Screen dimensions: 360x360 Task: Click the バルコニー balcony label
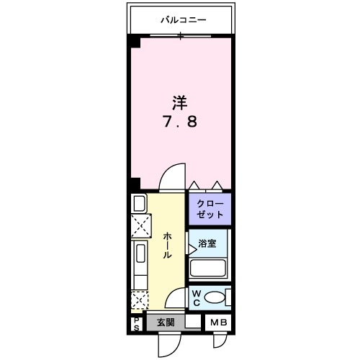coord(183,20)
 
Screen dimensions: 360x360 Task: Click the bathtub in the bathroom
coord(209,269)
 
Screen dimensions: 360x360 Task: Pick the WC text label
coord(196,298)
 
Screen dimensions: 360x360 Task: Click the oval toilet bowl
coord(214,298)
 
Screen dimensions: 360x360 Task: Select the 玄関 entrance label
coord(166,323)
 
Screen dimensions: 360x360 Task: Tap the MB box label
coord(218,323)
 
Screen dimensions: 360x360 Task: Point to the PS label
coord(136,324)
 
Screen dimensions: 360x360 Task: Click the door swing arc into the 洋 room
coord(170,175)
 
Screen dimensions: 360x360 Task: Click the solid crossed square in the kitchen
coord(140,226)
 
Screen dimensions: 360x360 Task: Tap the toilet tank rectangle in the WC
coord(228,297)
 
